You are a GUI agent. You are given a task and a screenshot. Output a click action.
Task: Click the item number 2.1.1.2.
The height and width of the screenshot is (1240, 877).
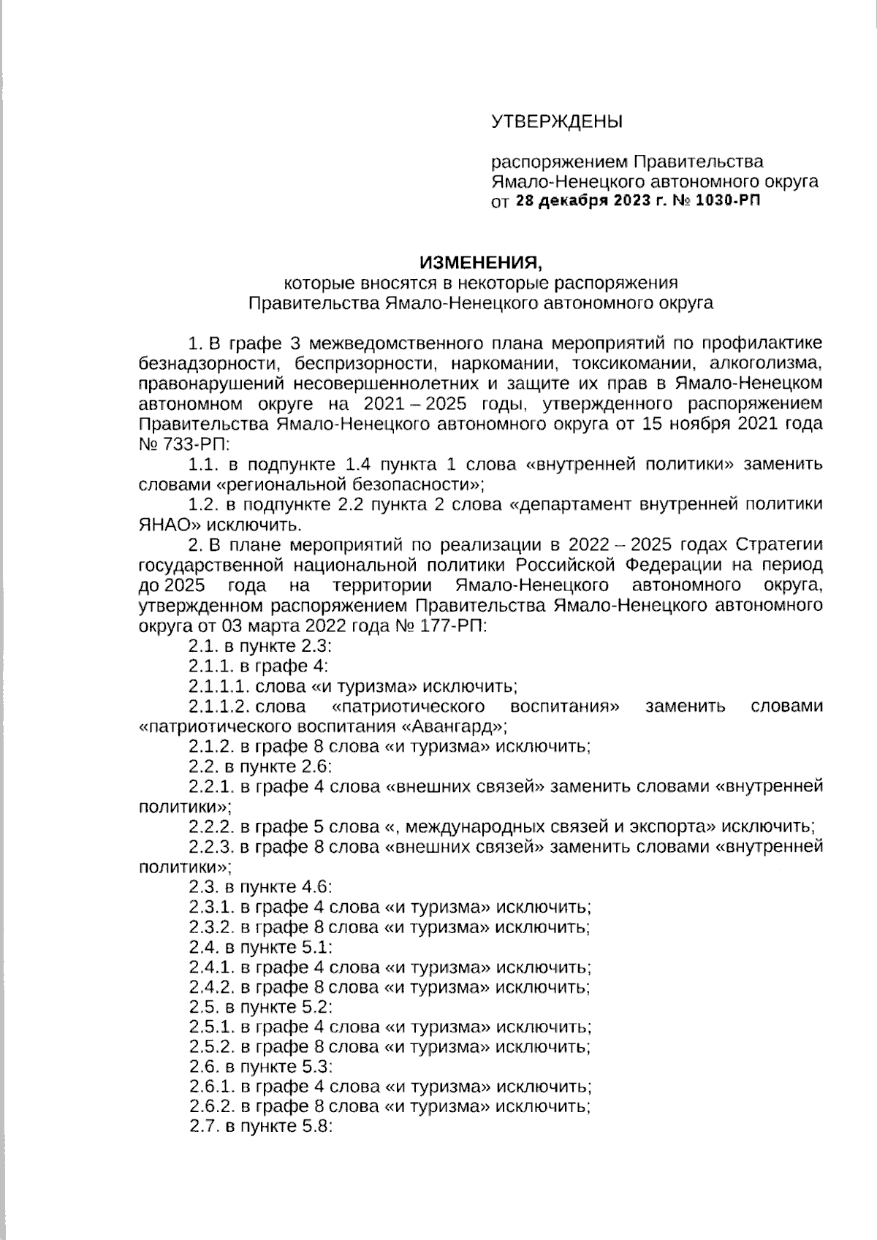220,707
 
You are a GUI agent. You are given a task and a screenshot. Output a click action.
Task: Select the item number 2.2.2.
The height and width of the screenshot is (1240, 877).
210,827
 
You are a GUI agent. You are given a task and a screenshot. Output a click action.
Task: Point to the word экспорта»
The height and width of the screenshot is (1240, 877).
674,827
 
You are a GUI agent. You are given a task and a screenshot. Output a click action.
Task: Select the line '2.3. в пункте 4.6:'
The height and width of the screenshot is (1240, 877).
260,887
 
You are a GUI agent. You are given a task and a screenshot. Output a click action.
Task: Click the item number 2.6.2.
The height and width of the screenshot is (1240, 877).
210,1107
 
